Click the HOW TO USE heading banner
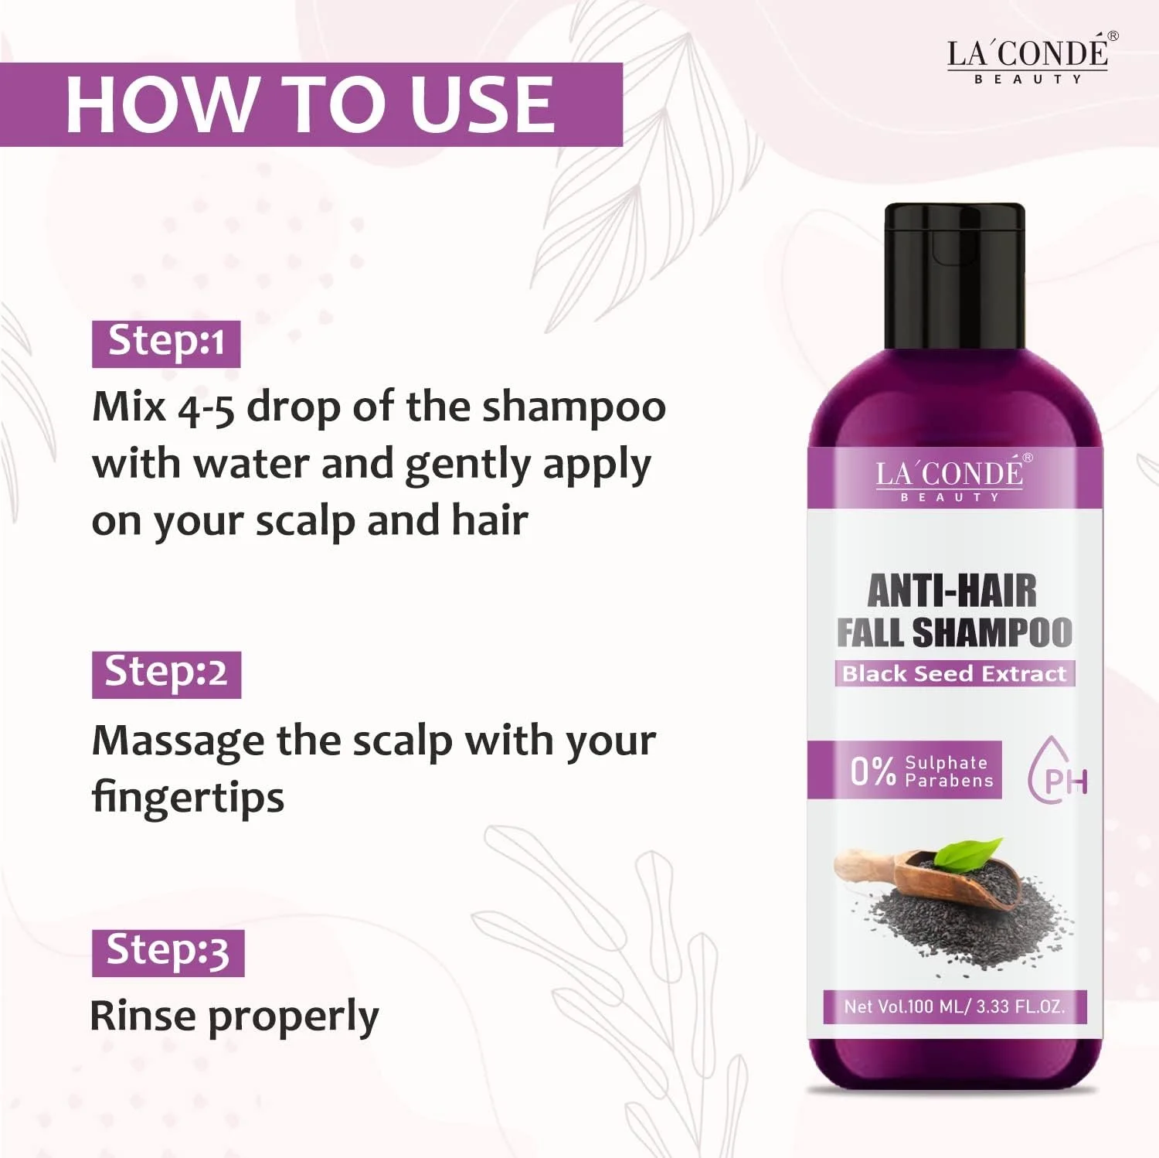pyautogui.click(x=311, y=104)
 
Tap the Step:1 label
pyautogui.click(x=166, y=343)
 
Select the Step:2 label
pyautogui.click(x=166, y=674)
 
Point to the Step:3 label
pyautogui.click(x=168, y=952)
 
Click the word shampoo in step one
pyautogui.click(x=574, y=407)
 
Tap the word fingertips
pyautogui.click(x=188, y=797)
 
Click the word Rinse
pyautogui.click(x=143, y=1016)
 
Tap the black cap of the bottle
pyautogui.click(x=954, y=277)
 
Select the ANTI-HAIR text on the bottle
pyautogui.click(x=952, y=591)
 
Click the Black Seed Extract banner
pyautogui.click(x=954, y=673)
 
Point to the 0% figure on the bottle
pyautogui.click(x=873, y=771)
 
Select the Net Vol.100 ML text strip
pyautogui.click(x=954, y=1006)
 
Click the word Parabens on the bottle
pyautogui.click(x=949, y=781)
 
